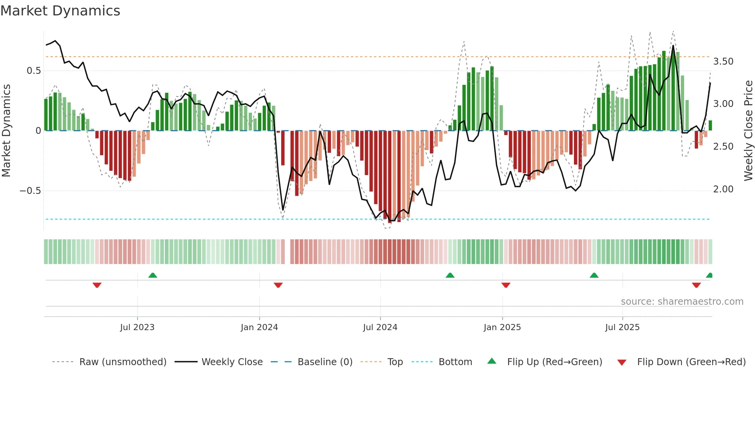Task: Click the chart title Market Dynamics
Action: pyautogui.click(x=60, y=11)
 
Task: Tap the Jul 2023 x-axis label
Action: pyautogui.click(x=137, y=327)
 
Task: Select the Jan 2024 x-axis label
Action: pyautogui.click(x=259, y=327)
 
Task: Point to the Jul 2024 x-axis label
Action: pyautogui.click(x=380, y=327)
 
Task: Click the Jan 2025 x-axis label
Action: pyautogui.click(x=502, y=327)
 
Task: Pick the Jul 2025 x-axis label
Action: pyautogui.click(x=622, y=327)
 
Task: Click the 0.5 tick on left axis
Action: pyautogui.click(x=34, y=71)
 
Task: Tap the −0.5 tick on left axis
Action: pyautogui.click(x=30, y=191)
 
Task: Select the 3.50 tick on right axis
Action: pyautogui.click(x=723, y=62)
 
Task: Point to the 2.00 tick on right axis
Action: pyautogui.click(x=723, y=189)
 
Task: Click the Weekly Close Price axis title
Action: pyautogui.click(x=748, y=131)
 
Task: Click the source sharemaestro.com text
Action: pyautogui.click(x=682, y=302)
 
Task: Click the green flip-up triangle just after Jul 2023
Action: pyautogui.click(x=153, y=275)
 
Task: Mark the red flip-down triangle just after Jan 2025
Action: pyautogui.click(x=506, y=285)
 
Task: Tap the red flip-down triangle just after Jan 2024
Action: pyautogui.click(x=278, y=285)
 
